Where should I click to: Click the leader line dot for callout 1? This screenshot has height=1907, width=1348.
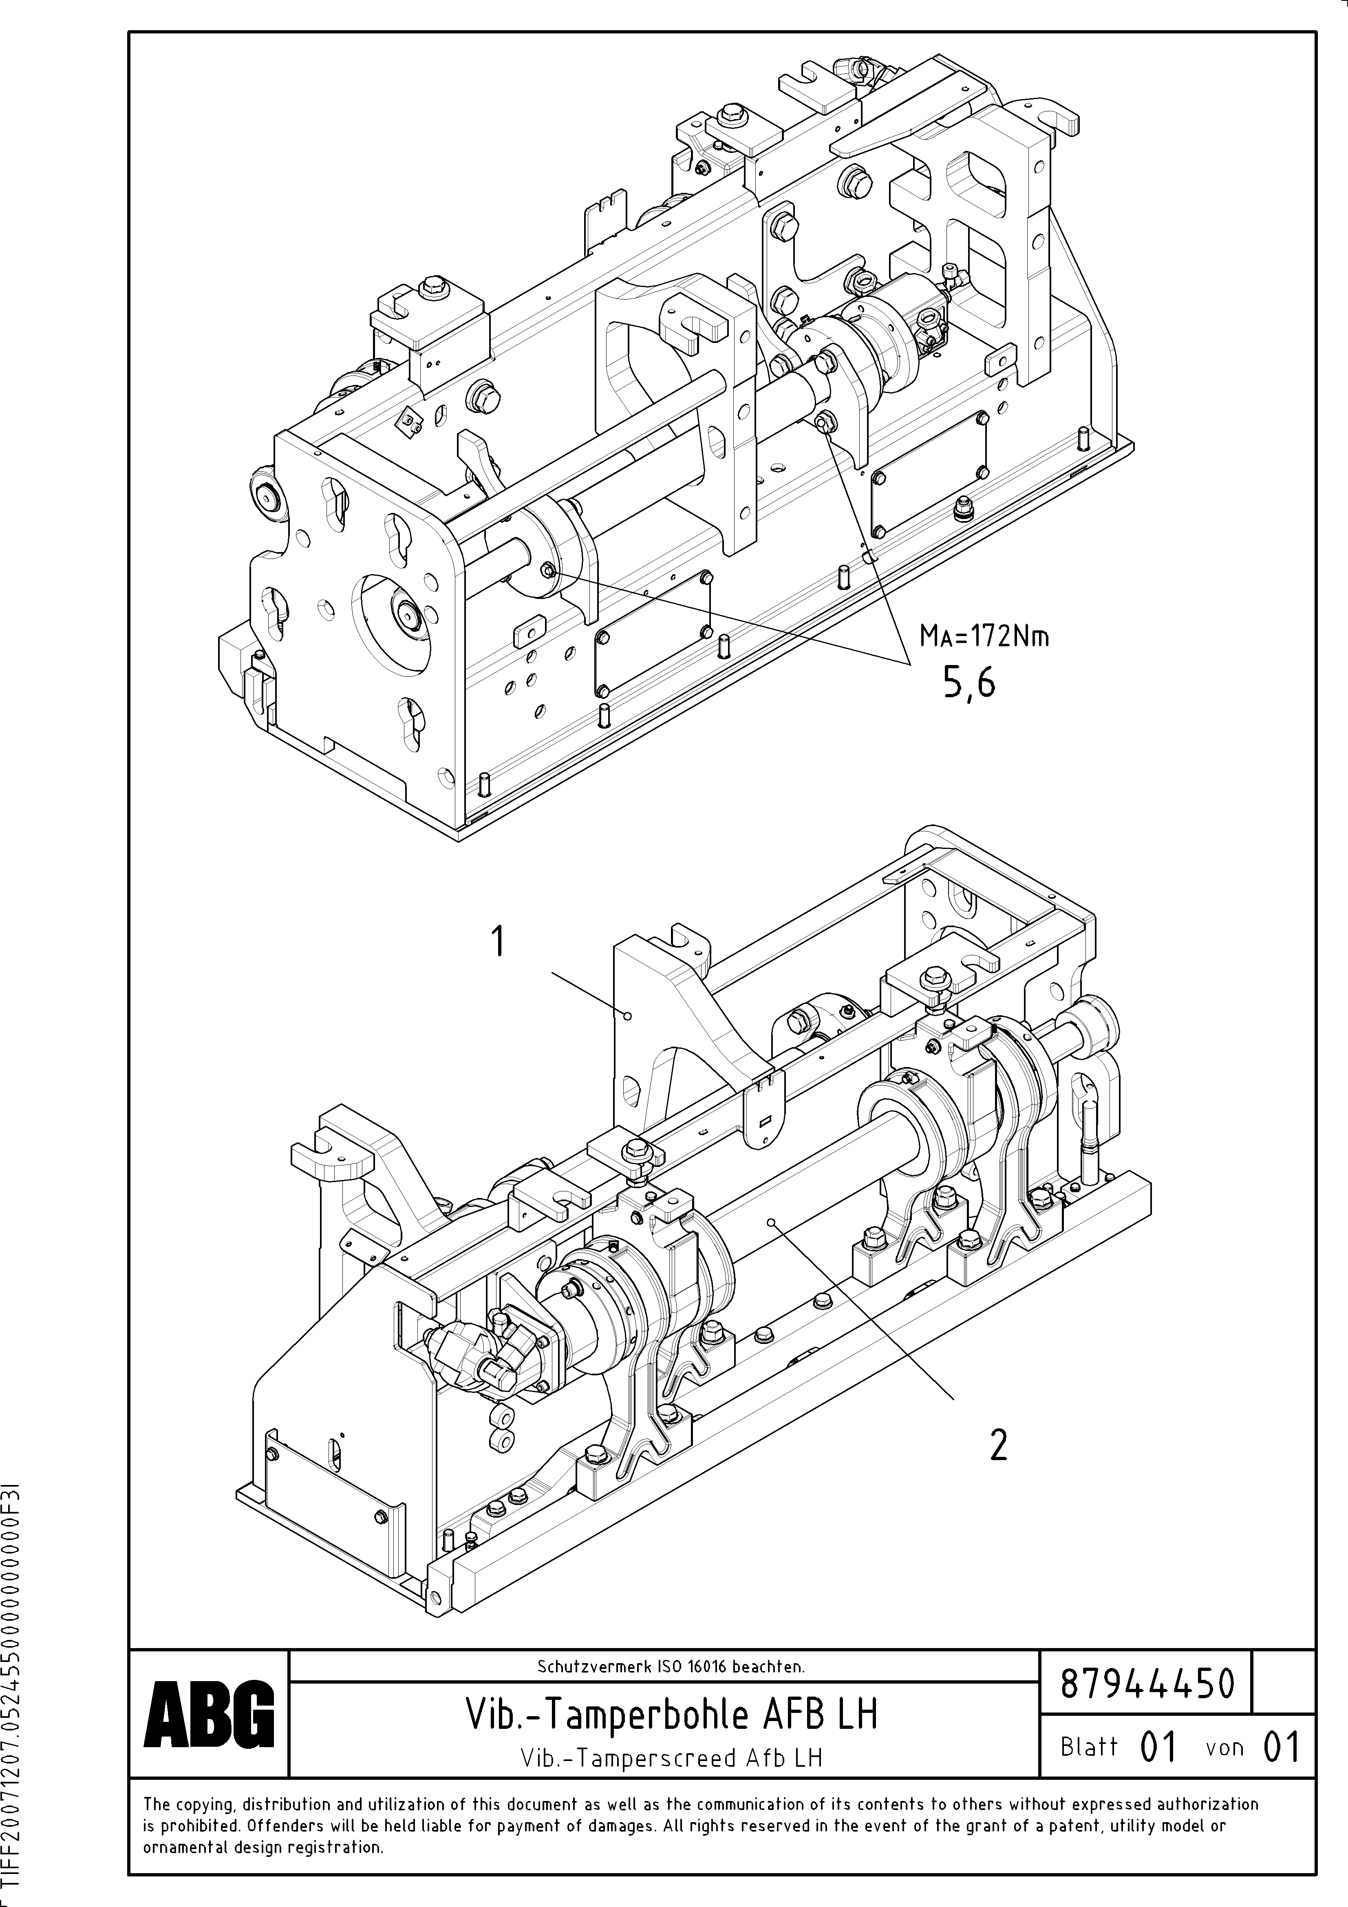tap(629, 1015)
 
